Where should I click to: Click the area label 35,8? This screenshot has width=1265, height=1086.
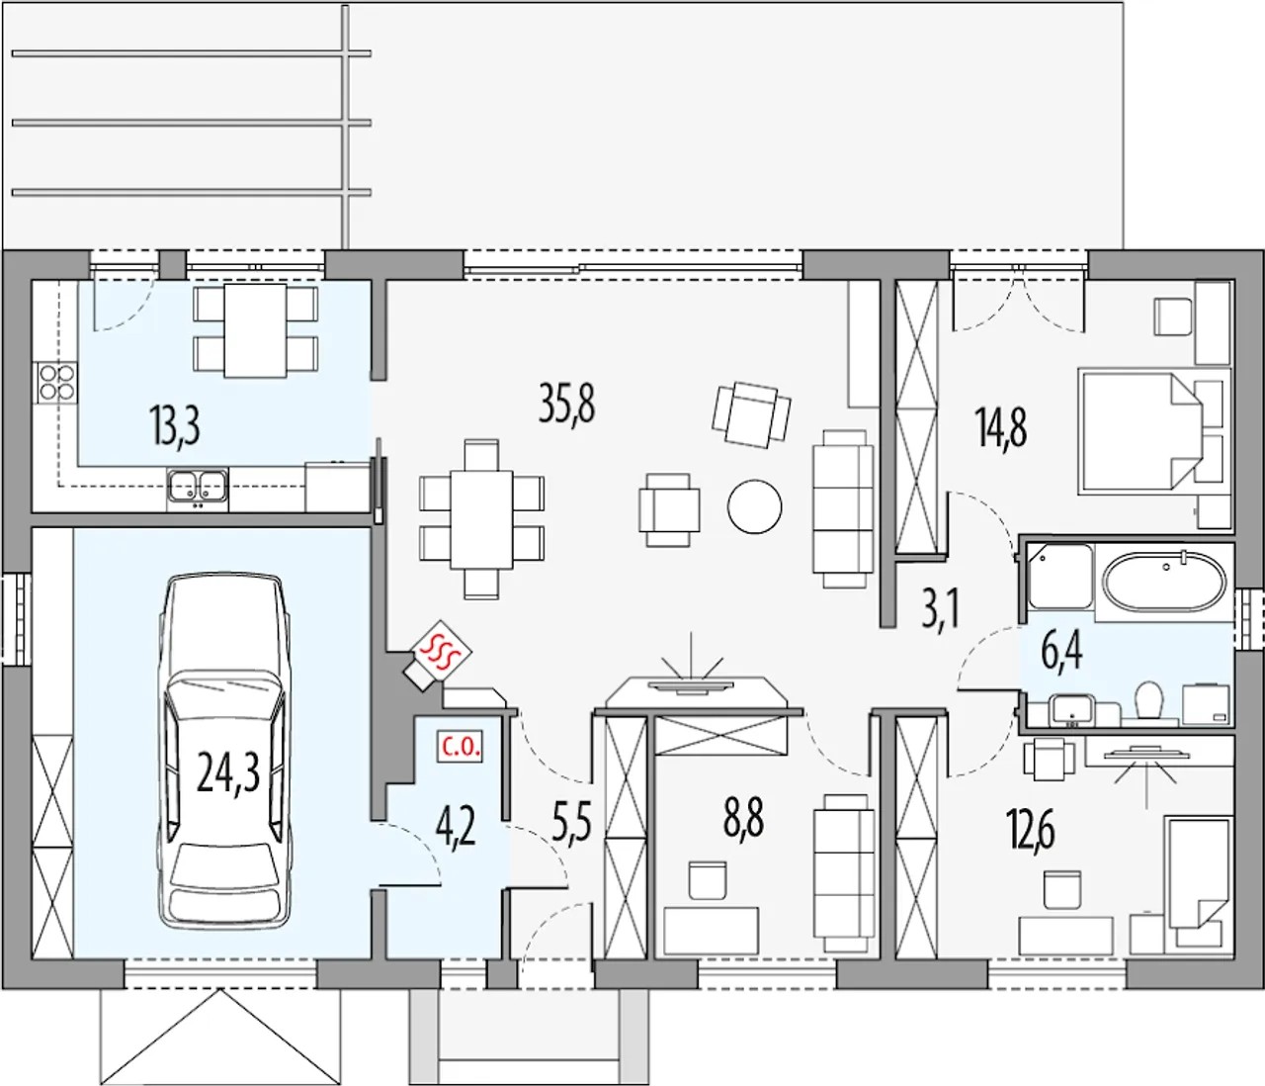[566, 403]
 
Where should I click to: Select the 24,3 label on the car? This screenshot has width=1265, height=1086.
[228, 772]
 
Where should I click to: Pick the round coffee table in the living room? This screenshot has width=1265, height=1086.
[754, 506]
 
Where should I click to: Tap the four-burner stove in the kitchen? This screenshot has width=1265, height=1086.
[57, 382]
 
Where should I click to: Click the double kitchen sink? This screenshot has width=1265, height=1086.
[197, 488]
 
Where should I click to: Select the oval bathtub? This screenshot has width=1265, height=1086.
[1164, 582]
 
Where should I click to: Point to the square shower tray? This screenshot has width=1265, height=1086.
[1060, 577]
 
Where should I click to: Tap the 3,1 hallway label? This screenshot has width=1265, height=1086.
[940, 607]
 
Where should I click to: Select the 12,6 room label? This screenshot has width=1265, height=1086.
[1031, 829]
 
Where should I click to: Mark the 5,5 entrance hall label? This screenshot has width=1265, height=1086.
[571, 823]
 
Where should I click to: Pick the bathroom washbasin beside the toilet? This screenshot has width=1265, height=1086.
[1071, 709]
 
